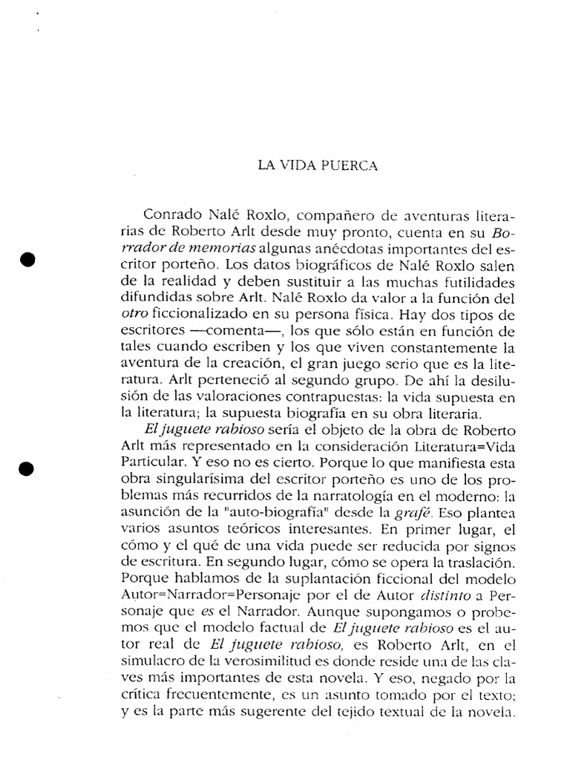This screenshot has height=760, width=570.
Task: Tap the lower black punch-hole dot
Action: click(27, 468)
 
